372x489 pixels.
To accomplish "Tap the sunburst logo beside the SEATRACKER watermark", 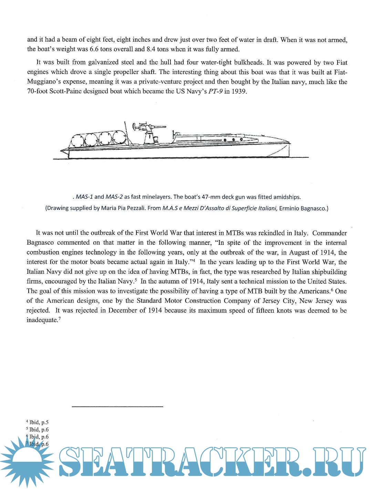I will point(27,461).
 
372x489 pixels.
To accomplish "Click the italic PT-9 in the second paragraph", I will point(215,92).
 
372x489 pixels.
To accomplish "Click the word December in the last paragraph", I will point(122,311).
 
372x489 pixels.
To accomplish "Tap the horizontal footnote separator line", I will point(117,407).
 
